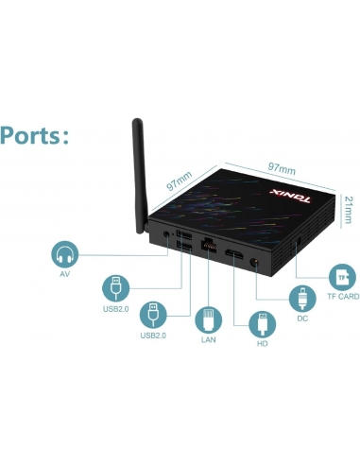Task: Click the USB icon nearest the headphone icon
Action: [x=113, y=285]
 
